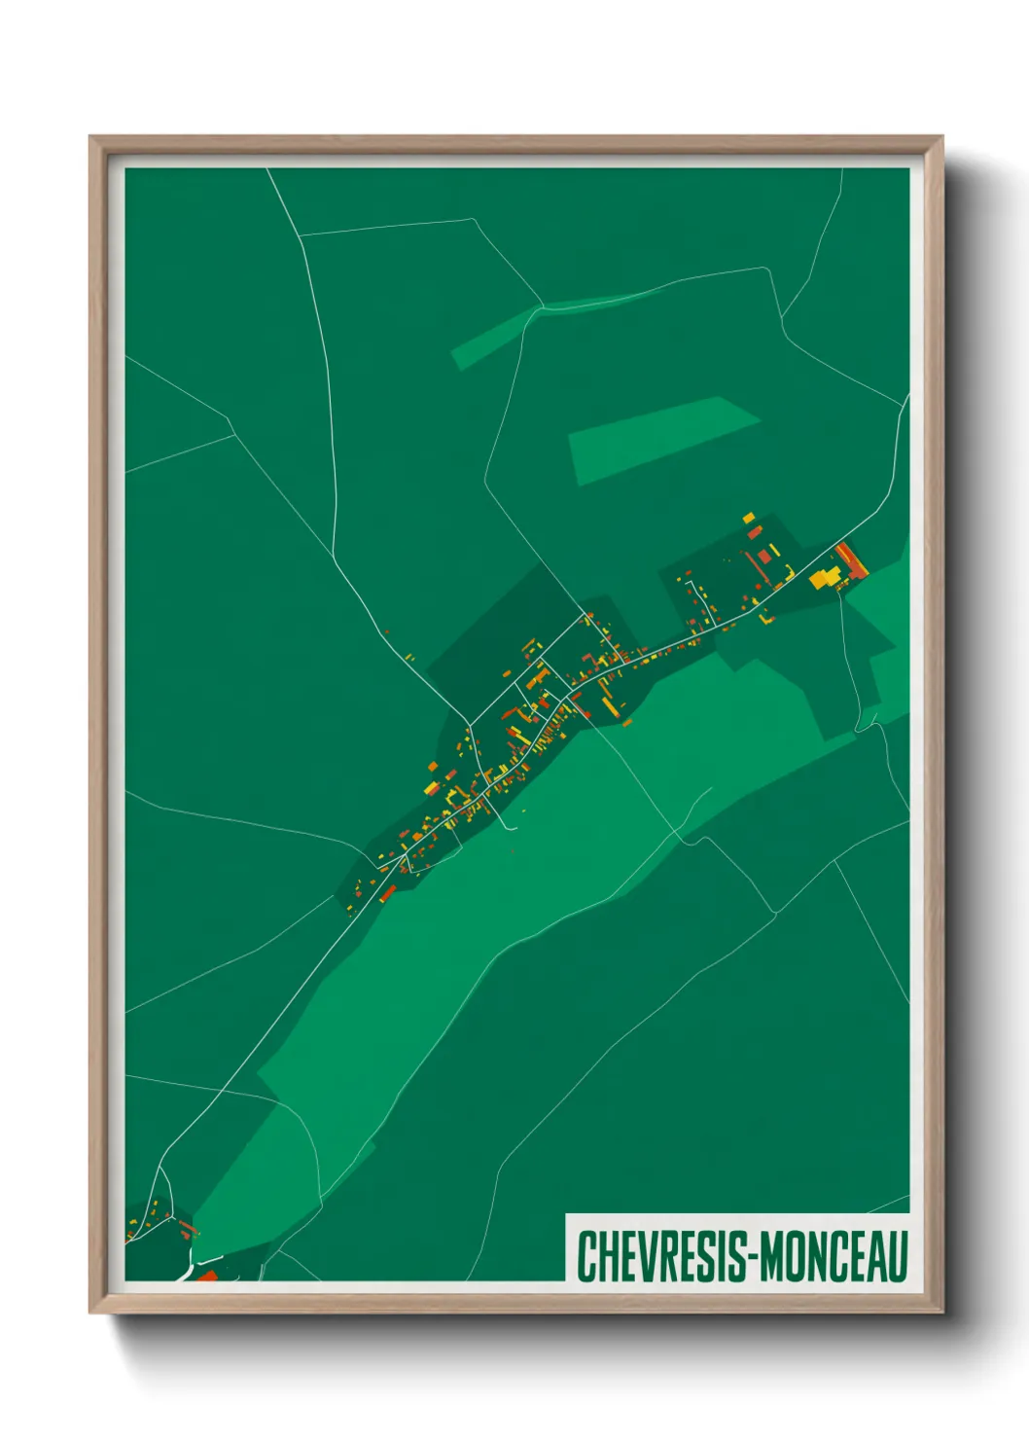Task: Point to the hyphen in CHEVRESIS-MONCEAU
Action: click(750, 1257)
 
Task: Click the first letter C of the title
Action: click(585, 1255)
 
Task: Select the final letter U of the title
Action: click(899, 1255)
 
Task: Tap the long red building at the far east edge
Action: click(850, 559)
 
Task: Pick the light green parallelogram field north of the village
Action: click(661, 438)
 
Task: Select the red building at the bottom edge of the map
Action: click(207, 1276)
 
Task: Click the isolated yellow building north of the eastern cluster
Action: click(748, 519)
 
